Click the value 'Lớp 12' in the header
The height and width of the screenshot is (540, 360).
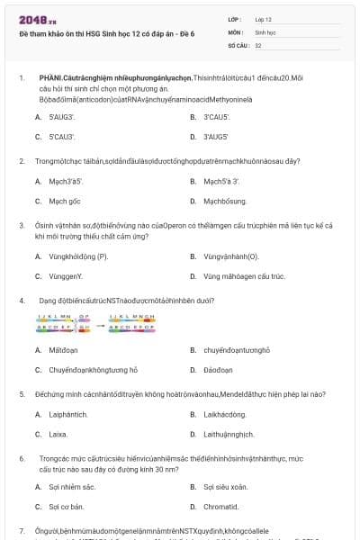pos(264,19)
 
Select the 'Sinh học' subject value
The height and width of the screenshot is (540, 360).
pos(265,31)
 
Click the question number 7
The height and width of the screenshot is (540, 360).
pos(21,531)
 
